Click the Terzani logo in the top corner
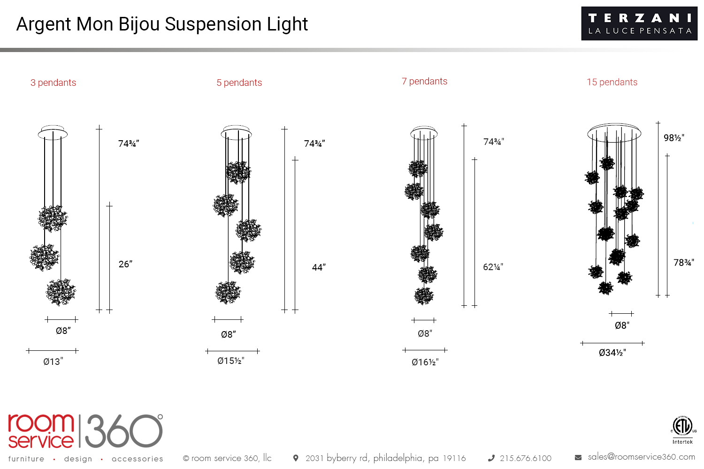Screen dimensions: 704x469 coord(639,23)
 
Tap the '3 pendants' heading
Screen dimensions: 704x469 coord(53,83)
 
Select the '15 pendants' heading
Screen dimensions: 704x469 coord(612,82)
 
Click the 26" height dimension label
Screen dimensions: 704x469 coord(125,264)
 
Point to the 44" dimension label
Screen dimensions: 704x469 coord(319,267)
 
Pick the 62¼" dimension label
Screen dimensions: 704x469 coord(493,267)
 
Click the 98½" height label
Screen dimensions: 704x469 coord(674,138)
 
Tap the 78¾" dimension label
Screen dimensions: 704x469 coord(683,263)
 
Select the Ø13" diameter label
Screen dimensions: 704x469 coord(53,362)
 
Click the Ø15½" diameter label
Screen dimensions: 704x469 coord(231,361)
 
